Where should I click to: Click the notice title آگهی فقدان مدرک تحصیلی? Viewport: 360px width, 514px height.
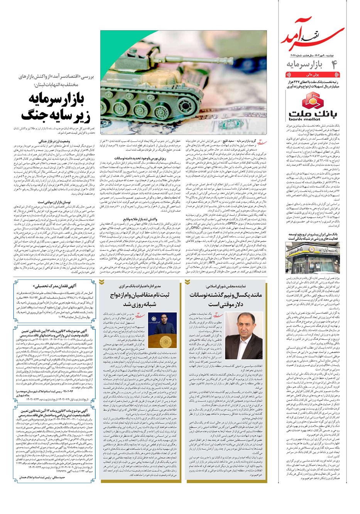(52, 286)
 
